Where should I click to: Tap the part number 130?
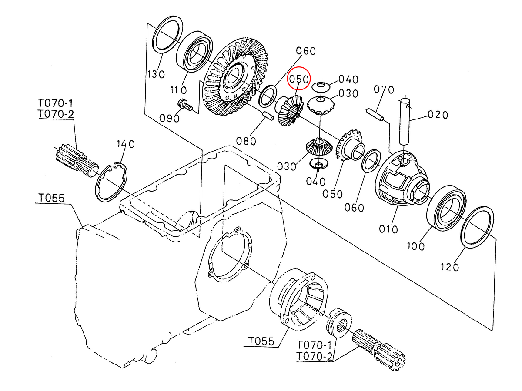(156, 75)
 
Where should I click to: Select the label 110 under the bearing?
(178, 90)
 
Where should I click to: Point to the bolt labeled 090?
(185, 106)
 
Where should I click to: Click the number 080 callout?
(246, 141)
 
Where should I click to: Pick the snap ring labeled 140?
(111, 182)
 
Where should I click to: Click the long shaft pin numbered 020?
(404, 122)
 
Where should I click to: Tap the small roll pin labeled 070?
(374, 114)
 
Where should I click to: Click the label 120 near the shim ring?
(449, 267)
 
